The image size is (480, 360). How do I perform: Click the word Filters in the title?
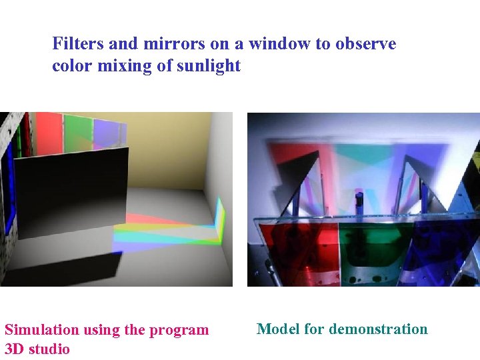click(77, 44)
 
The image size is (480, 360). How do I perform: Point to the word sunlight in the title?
click(209, 66)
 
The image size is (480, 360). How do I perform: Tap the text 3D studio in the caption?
click(37, 349)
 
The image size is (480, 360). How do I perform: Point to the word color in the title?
click(73, 66)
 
